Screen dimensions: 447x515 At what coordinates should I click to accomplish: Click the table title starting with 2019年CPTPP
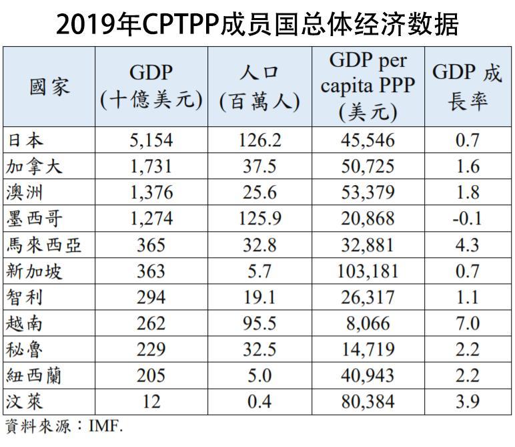[257, 24]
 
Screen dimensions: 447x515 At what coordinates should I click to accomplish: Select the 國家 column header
[49, 86]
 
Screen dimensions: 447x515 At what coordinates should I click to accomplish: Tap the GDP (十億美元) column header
[151, 86]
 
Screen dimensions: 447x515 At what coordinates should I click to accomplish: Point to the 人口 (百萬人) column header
[259, 86]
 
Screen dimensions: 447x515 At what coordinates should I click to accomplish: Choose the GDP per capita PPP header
[368, 86]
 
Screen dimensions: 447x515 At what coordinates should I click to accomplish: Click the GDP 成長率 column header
[467, 86]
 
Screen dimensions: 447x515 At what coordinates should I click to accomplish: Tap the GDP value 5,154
[151, 140]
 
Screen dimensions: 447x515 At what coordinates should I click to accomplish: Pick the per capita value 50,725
[368, 166]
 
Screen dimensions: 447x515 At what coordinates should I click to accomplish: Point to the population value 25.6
[259, 192]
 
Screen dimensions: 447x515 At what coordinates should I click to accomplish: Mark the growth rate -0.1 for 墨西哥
[467, 218]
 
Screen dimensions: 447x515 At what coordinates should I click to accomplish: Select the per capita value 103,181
[368, 271]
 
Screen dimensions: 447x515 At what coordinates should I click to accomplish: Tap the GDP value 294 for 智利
[151, 297]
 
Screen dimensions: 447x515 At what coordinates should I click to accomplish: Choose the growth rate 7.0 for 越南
[467, 323]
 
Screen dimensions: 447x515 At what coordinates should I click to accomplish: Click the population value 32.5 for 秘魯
[259, 349]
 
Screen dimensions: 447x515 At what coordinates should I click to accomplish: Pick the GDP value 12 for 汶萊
[151, 402]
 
